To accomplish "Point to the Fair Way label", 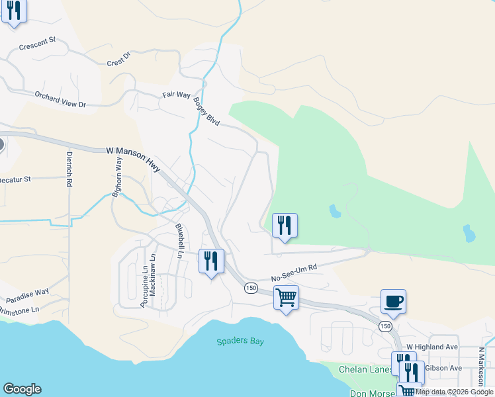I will (x=177, y=95).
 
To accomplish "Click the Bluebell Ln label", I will (x=179, y=236).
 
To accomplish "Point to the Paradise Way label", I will (x=24, y=292).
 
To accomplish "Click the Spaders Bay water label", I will (x=236, y=342).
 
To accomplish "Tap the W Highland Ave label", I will (x=432, y=347).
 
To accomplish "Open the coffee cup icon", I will (x=393, y=302).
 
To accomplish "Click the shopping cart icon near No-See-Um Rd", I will (x=286, y=298).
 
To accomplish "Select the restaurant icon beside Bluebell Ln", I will (x=212, y=261).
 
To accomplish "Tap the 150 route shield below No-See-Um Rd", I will (x=251, y=288).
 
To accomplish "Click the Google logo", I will (x=22, y=389).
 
